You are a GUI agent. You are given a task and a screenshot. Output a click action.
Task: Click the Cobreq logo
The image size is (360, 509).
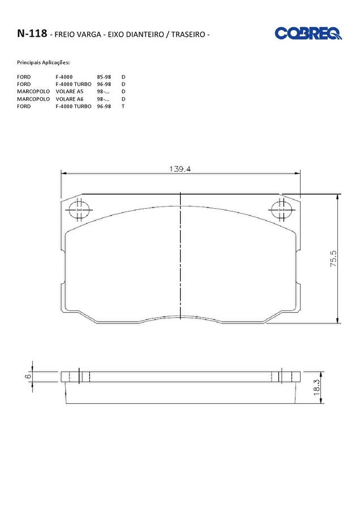coord(308,33)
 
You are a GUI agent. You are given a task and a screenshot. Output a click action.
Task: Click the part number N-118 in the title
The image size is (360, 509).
coord(32,33)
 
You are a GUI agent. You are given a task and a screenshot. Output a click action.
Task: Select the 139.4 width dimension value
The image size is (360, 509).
coord(180,169)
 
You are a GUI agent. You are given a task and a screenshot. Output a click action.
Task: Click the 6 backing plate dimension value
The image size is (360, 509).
coord(28,376)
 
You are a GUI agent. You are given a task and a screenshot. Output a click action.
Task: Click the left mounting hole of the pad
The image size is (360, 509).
coord(79,210)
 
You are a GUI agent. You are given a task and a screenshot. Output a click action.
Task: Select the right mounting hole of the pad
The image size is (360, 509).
coord(281,210)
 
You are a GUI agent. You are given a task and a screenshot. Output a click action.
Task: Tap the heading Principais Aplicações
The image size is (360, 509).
coord(43,62)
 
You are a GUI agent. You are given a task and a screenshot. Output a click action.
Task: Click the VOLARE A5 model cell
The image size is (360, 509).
coord(70,92)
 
